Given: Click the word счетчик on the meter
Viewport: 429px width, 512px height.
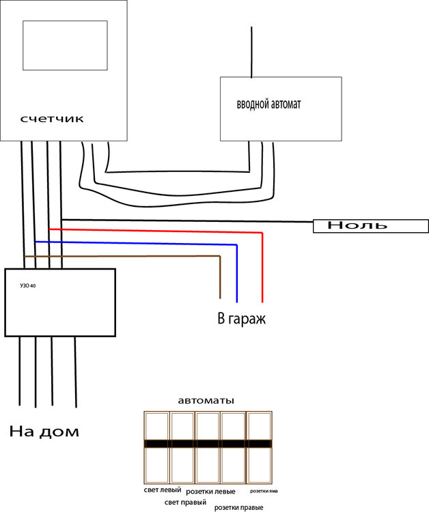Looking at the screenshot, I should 52,119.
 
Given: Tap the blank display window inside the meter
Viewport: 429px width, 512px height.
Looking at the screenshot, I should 65,45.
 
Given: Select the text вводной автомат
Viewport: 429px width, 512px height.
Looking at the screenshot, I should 268,105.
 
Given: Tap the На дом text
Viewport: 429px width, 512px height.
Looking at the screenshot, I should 44,431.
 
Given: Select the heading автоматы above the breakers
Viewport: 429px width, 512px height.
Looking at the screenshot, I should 206,401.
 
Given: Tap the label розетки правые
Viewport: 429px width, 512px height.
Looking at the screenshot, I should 239,507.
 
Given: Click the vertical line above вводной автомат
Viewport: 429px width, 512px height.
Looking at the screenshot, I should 252,51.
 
